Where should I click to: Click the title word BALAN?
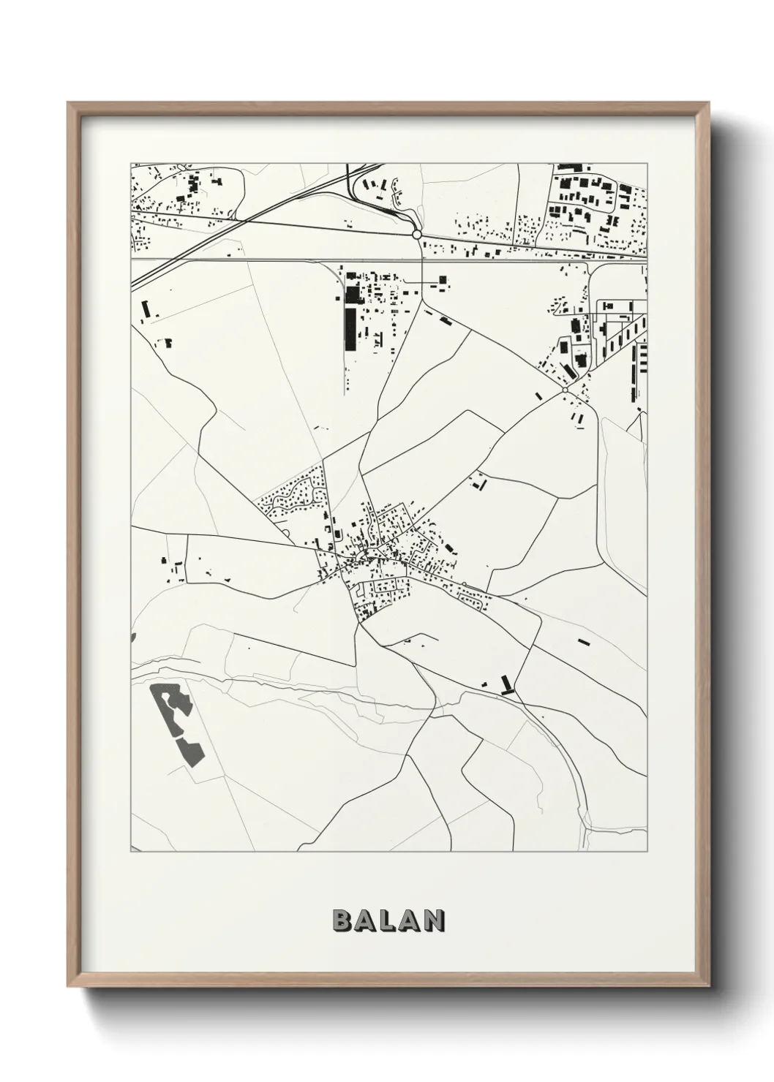[x=388, y=920]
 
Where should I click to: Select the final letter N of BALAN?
[x=435, y=920]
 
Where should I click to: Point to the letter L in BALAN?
[x=388, y=920]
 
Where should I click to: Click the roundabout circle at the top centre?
[x=416, y=235]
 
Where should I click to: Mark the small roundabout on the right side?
[x=565, y=391]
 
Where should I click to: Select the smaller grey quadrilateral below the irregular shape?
[x=189, y=750]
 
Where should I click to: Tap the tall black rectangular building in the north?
[x=350, y=329]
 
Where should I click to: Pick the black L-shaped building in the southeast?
[x=506, y=685]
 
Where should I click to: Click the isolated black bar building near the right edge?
[x=583, y=641]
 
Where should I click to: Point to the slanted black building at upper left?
[x=145, y=309]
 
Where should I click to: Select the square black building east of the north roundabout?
[x=442, y=279]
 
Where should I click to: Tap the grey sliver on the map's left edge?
[x=132, y=638]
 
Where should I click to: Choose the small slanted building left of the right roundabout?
[x=539, y=396]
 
